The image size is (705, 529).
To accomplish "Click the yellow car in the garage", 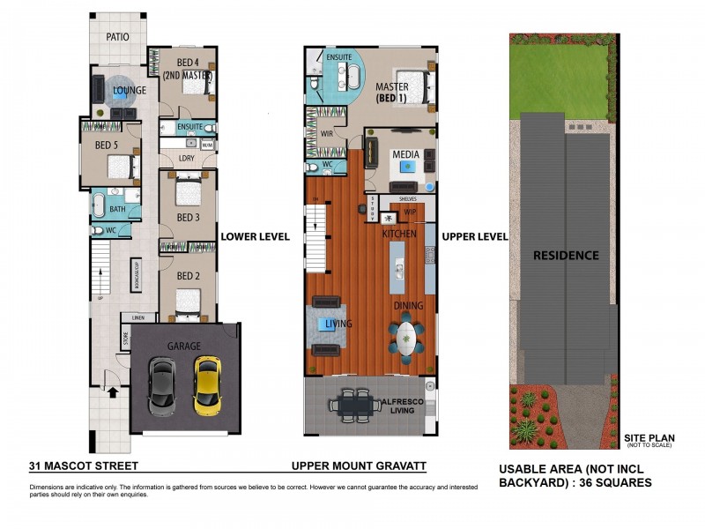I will click(208, 384).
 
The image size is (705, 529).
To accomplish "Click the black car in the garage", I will click(162, 385).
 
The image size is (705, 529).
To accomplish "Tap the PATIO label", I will click(118, 37).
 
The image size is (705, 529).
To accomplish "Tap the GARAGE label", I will click(184, 346).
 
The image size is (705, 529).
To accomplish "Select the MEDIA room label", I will click(405, 155).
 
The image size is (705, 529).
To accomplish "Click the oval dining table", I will click(405, 337).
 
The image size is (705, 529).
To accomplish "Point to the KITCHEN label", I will click(398, 235).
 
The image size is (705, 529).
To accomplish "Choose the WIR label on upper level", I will click(326, 134).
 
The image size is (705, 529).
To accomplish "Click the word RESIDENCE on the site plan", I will click(565, 256).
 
